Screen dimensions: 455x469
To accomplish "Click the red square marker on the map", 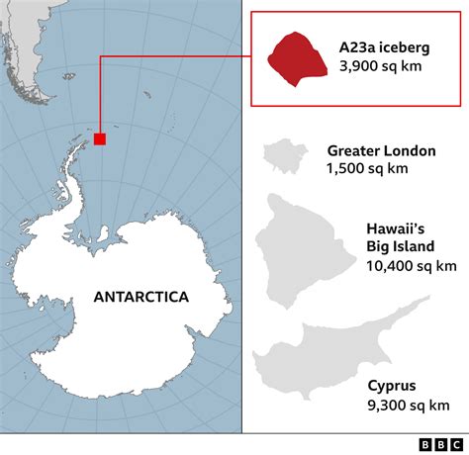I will [100, 139].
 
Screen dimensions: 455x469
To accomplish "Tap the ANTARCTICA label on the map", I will [141, 296].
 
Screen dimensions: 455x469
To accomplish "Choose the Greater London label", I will [381, 151].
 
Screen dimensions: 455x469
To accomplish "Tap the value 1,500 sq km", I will [366, 169].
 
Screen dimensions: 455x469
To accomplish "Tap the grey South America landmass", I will [25, 40].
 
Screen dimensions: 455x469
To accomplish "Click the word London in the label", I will [410, 151].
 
